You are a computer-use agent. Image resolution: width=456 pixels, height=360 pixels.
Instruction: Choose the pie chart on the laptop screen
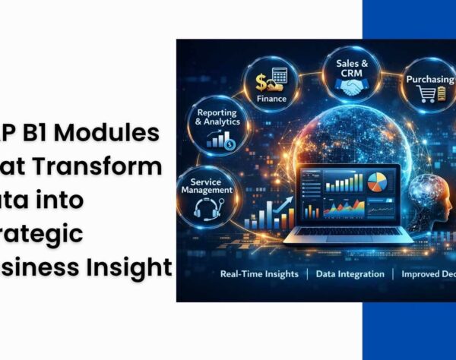click(376, 182)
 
